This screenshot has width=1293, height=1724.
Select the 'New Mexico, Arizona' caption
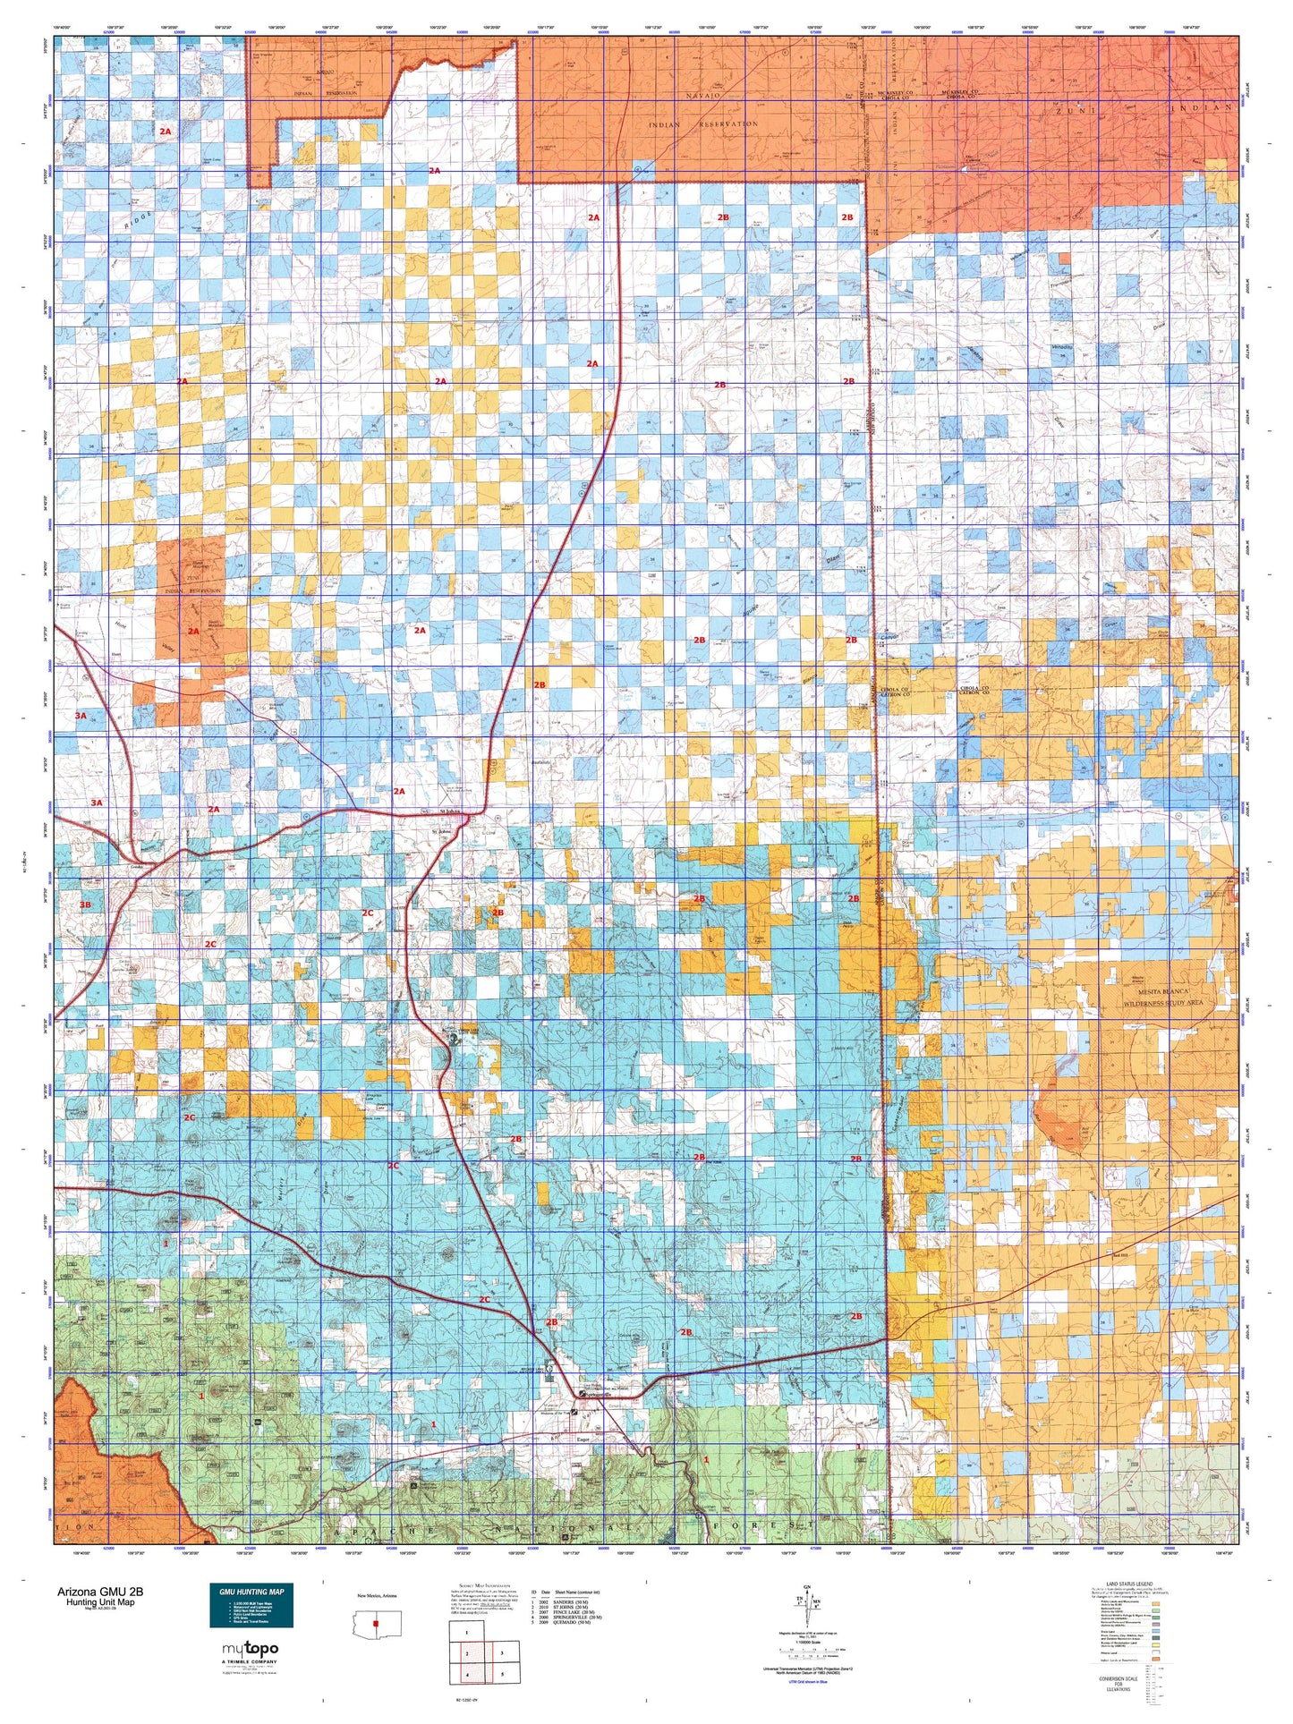click(x=377, y=1596)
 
